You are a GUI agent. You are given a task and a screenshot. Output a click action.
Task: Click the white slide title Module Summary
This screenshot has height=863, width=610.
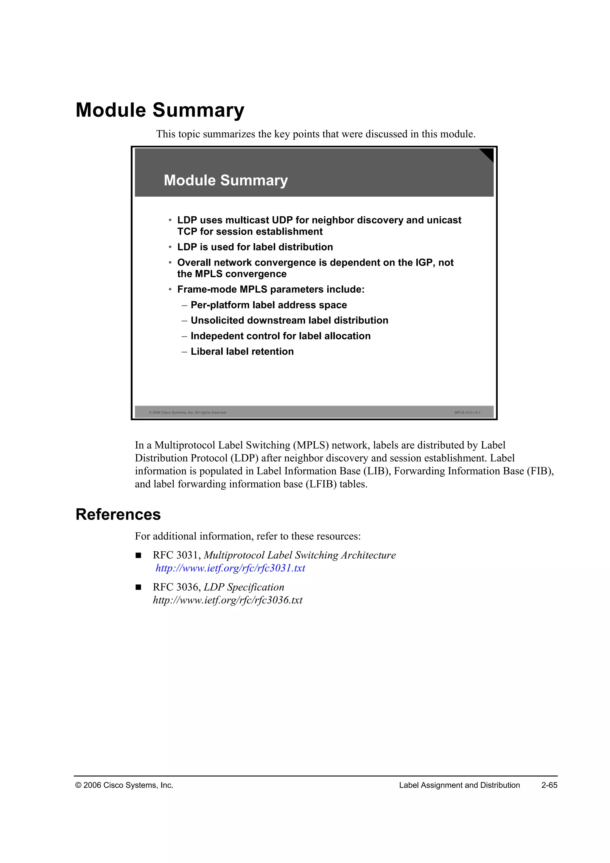pyautogui.click(x=226, y=180)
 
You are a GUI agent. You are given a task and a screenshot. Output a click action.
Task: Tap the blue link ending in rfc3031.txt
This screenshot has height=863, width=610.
pyautogui.click(x=230, y=568)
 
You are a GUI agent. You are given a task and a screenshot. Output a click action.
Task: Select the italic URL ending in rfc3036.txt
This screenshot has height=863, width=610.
pyautogui.click(x=227, y=600)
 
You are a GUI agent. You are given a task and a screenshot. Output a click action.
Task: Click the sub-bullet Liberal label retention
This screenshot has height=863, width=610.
pyautogui.click(x=242, y=351)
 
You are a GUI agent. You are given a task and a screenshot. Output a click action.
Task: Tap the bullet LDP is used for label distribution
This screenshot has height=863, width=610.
pyautogui.click(x=255, y=247)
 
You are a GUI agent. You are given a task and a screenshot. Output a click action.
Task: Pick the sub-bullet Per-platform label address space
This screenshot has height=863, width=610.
pyautogui.click(x=269, y=305)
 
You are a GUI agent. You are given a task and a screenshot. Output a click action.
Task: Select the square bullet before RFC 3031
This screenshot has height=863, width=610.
pyautogui.click(x=138, y=555)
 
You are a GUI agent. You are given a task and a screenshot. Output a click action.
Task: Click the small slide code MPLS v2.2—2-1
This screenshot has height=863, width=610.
pyautogui.click(x=467, y=412)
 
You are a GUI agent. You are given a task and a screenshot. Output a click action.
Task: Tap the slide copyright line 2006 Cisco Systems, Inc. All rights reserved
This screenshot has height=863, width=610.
pyautogui.click(x=188, y=412)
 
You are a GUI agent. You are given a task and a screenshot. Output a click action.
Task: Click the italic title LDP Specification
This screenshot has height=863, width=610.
pyautogui.click(x=244, y=587)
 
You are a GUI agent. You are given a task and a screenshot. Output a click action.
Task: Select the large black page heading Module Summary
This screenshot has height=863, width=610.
pyautogui.click(x=160, y=110)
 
